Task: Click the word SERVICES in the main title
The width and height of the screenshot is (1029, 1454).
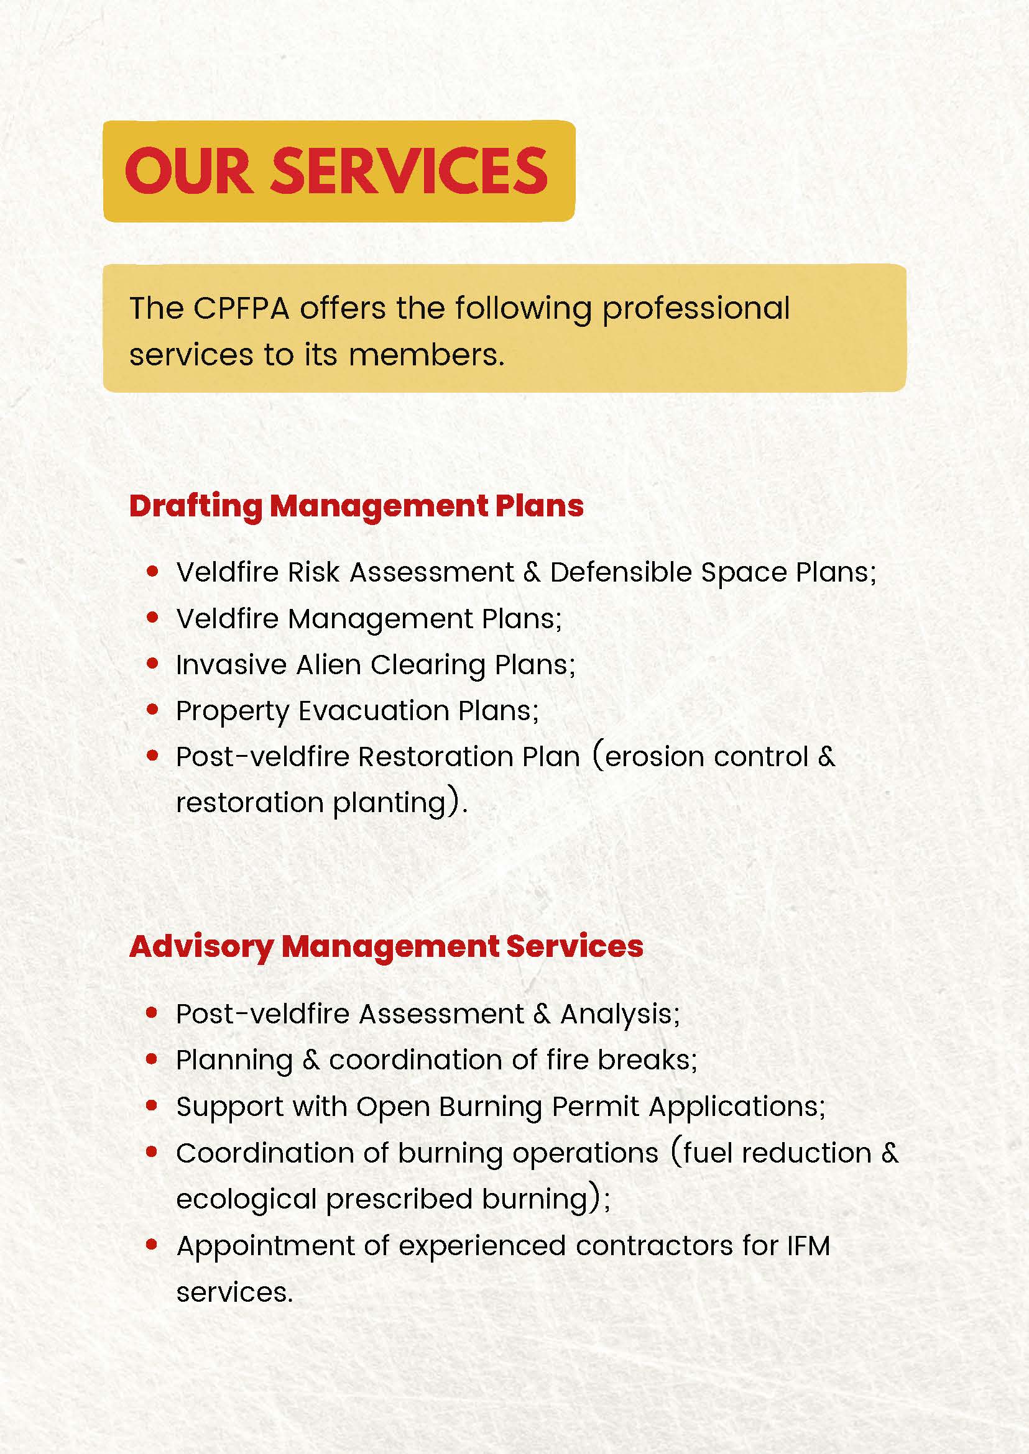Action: (x=409, y=171)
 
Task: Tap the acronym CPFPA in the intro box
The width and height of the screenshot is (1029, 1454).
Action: (x=241, y=308)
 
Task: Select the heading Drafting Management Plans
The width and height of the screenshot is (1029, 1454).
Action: (x=356, y=506)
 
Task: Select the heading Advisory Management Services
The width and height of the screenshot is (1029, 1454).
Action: (x=386, y=946)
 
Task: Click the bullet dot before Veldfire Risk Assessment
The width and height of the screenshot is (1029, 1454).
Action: (x=152, y=571)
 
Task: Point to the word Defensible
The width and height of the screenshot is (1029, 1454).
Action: (x=621, y=572)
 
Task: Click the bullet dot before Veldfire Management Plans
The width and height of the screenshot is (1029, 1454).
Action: (x=152, y=618)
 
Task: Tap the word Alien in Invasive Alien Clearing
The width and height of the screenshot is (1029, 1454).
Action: (x=328, y=665)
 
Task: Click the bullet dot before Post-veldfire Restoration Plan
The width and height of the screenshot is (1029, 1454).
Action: (x=152, y=756)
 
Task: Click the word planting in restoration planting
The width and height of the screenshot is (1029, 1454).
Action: (x=389, y=803)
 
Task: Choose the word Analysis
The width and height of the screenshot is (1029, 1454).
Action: (x=619, y=1015)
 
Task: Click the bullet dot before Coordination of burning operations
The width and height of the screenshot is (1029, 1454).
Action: (x=152, y=1152)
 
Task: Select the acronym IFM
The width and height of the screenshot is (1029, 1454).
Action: (x=808, y=1246)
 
